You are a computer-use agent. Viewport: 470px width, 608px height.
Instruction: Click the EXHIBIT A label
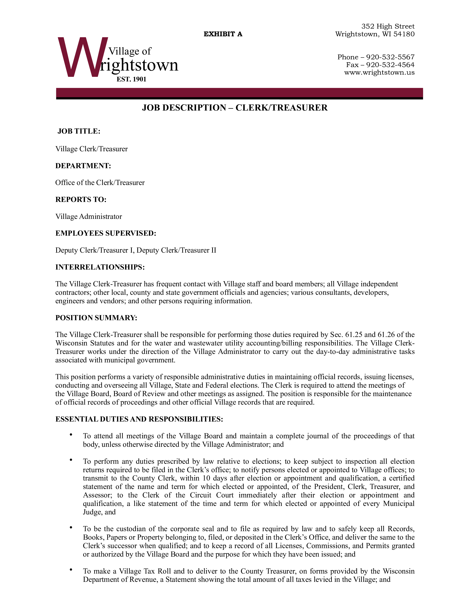point(223,34)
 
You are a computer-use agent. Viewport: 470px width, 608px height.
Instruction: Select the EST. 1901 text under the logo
point(131,79)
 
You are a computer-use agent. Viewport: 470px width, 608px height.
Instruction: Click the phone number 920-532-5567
point(390,57)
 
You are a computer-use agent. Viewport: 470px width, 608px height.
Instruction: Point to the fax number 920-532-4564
point(390,65)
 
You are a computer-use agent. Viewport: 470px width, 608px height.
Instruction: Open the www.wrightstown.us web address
point(379,73)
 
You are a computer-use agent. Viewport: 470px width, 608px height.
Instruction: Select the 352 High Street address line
point(388,27)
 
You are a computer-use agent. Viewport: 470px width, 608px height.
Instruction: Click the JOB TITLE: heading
point(79,131)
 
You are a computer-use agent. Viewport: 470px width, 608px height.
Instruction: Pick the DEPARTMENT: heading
point(83,166)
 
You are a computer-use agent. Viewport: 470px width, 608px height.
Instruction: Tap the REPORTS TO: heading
point(81,200)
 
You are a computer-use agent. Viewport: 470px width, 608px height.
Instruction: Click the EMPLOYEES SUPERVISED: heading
point(106,233)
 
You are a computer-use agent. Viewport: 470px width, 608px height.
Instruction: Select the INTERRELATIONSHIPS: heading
point(100,267)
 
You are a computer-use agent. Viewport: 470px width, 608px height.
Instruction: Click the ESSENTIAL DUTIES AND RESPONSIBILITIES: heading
point(139,419)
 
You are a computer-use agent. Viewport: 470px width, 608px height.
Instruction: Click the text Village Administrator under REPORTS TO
point(88,217)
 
